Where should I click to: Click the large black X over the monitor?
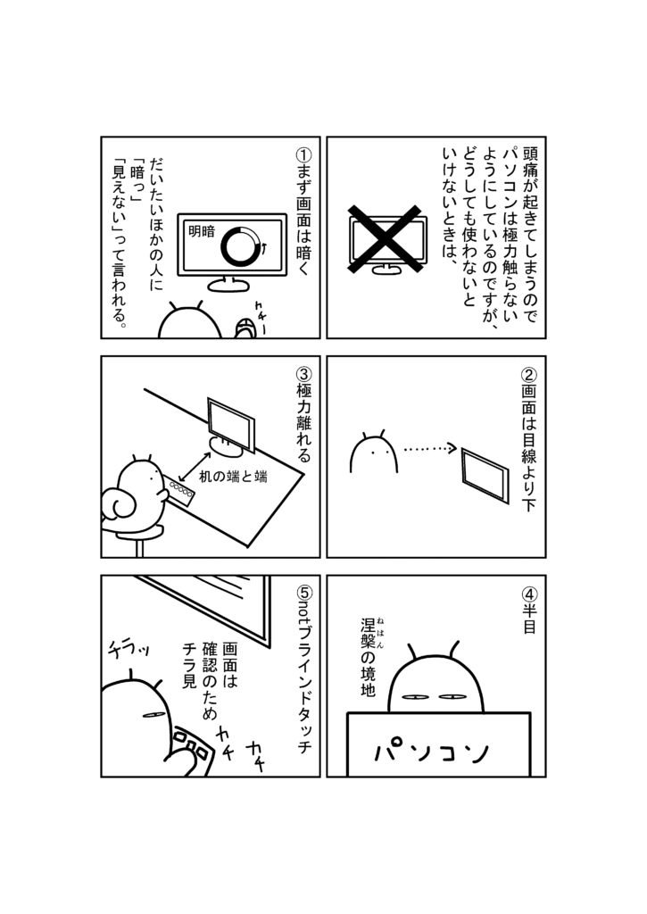pyautogui.click(x=385, y=238)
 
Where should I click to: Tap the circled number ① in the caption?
pyautogui.click(x=303, y=155)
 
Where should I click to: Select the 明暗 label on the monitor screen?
pyautogui.click(x=202, y=231)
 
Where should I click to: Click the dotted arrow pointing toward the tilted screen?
pyautogui.click(x=429, y=448)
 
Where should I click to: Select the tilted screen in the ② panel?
pyautogui.click(x=485, y=475)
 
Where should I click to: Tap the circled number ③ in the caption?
pyautogui.click(x=303, y=374)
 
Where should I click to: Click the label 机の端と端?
pyautogui.click(x=233, y=477)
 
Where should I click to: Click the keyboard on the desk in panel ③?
pyautogui.click(x=180, y=490)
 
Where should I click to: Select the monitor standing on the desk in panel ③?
pyautogui.click(x=230, y=428)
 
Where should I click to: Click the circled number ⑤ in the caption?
pyautogui.click(x=304, y=594)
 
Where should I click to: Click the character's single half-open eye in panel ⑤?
pyautogui.click(x=153, y=715)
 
